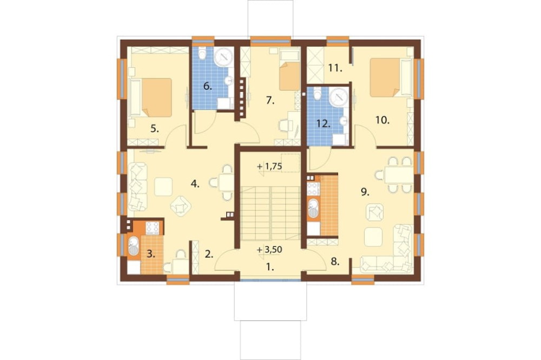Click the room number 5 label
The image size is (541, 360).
point(155,129)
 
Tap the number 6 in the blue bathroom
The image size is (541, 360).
point(207,86)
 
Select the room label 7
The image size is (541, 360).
point(270,101)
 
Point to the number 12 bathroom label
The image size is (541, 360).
point(324,124)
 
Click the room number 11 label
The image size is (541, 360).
point(335,68)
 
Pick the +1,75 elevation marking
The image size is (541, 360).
point(270,166)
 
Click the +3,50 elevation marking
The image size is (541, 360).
point(270,249)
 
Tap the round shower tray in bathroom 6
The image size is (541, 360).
point(224,57)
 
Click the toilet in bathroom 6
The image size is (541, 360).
point(202,53)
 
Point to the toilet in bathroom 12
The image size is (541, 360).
point(318,93)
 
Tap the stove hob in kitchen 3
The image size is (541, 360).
point(153,228)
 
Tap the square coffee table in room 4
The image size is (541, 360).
point(163,186)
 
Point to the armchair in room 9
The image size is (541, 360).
point(374,212)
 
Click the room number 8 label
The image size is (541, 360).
point(335,262)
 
